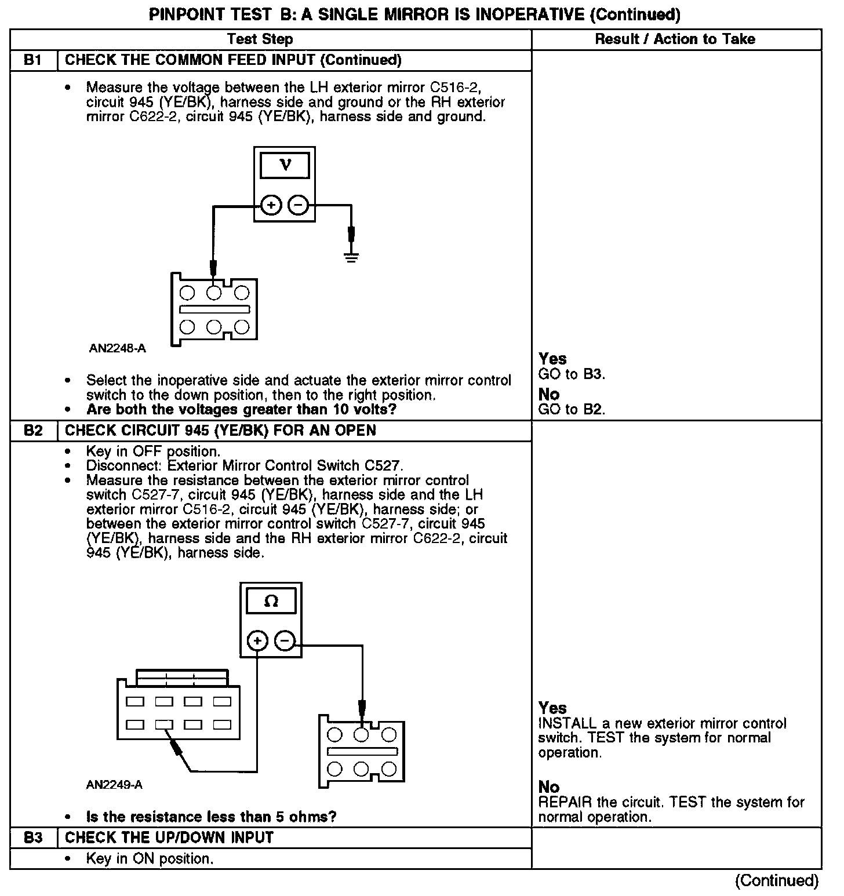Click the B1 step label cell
click(x=34, y=60)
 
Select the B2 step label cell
click(x=34, y=431)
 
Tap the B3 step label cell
click(x=34, y=837)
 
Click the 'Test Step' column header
click(x=260, y=39)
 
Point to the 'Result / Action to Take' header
click(x=675, y=39)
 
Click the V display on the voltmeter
click(x=285, y=166)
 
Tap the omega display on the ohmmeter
click(x=271, y=602)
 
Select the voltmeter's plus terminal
click(x=271, y=205)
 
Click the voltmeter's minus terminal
click(x=298, y=205)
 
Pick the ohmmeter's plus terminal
click(x=257, y=640)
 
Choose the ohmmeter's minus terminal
click(x=284, y=640)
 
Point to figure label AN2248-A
click(x=117, y=349)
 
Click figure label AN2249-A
click(x=114, y=785)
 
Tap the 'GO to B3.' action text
click(x=572, y=374)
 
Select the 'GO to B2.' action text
click(x=572, y=410)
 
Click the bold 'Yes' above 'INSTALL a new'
click(x=552, y=708)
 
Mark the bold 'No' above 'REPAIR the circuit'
click(x=549, y=787)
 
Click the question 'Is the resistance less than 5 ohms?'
click(x=211, y=817)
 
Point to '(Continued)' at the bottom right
click(x=777, y=881)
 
